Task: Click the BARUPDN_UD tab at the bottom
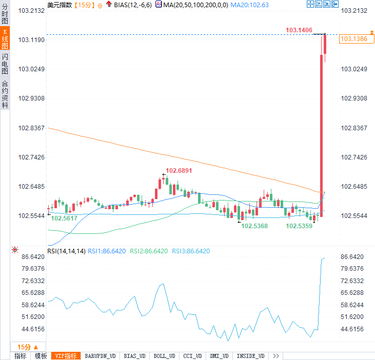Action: pos(101,356)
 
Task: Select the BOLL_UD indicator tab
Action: pos(164,356)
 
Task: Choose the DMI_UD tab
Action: pos(219,356)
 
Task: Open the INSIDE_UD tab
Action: pos(250,356)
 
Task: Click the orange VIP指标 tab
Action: pos(66,356)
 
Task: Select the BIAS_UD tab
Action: pos(135,356)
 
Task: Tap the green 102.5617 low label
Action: pos(64,218)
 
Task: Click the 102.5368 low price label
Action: pos(254,226)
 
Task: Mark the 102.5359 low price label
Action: pos(299,226)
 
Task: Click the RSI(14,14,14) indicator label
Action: pos(66,251)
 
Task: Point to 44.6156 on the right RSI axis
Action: pos(352,329)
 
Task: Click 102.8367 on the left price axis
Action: pos(31,128)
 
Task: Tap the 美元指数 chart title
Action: pos(60,5)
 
